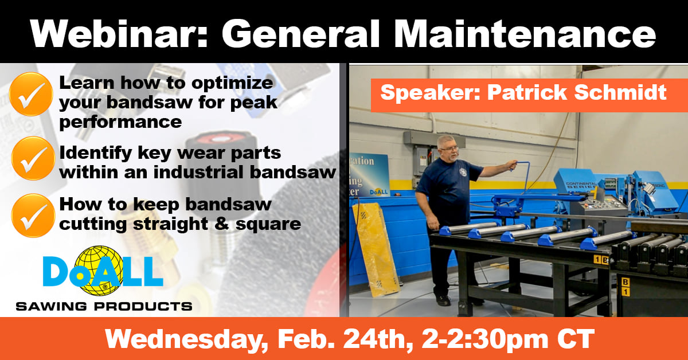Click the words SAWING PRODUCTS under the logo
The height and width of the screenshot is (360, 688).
tap(104, 306)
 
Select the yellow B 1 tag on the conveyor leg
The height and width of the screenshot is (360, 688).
tap(625, 287)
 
